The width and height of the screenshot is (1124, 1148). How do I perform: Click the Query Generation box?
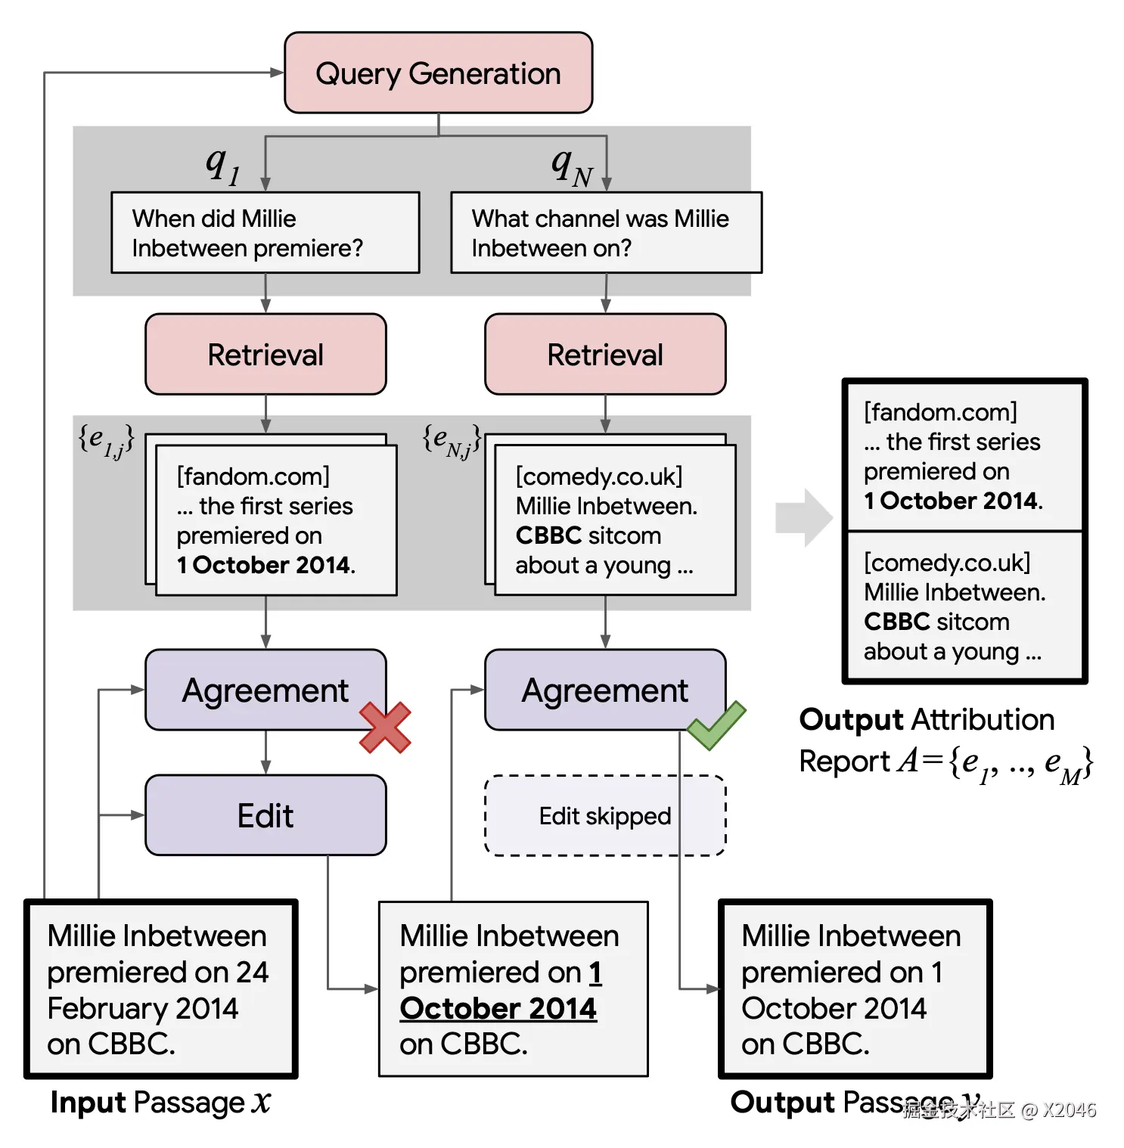438,73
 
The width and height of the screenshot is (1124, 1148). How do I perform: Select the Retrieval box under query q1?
265,354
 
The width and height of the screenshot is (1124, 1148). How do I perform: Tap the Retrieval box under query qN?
605,354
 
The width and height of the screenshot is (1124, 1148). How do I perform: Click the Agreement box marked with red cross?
265,690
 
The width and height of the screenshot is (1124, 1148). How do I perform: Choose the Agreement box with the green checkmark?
605,690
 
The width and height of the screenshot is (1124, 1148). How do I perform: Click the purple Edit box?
265,815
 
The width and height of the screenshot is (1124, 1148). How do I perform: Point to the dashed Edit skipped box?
605,815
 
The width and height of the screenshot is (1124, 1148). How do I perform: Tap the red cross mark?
385,728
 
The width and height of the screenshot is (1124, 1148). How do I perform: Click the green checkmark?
716,725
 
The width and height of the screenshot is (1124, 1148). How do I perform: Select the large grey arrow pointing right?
804,518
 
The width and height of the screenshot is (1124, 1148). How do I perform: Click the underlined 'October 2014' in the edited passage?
498,1008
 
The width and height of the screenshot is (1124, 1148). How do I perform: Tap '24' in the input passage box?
252,972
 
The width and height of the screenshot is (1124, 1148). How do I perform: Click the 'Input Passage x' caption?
160,1103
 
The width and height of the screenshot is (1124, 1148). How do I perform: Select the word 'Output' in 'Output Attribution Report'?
852,719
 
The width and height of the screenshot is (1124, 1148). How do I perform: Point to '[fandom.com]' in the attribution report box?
940,412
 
